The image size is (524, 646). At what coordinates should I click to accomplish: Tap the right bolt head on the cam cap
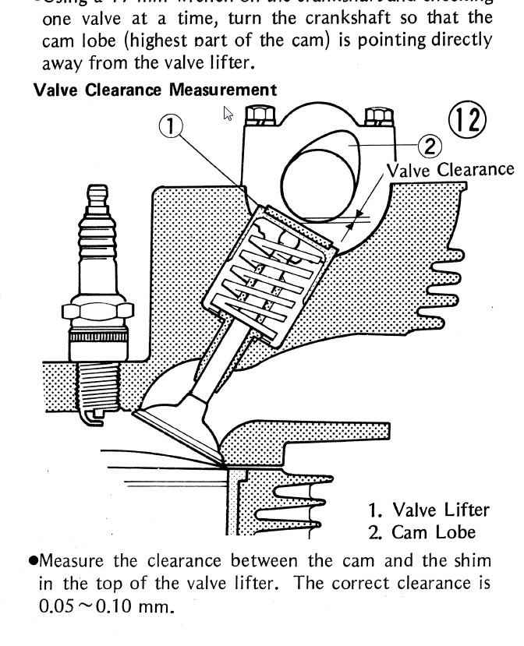(x=380, y=118)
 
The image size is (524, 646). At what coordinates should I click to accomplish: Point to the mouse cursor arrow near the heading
(x=228, y=114)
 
